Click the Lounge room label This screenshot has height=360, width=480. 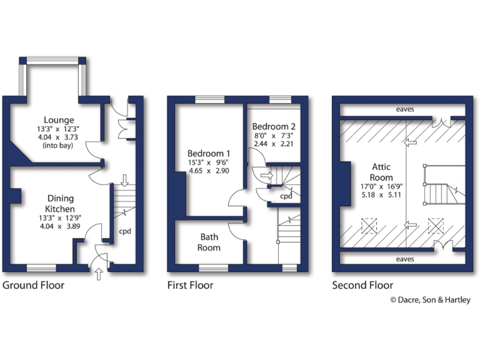pyautogui.click(x=59, y=119)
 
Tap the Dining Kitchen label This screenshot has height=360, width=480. pyautogui.click(x=60, y=204)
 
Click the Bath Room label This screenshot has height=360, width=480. pyautogui.click(x=210, y=242)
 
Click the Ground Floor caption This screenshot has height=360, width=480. pyautogui.click(x=34, y=286)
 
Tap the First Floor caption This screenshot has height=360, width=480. pyautogui.click(x=190, y=286)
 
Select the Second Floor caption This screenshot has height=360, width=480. pyautogui.click(x=362, y=286)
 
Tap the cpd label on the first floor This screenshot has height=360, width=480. pyautogui.click(x=286, y=196)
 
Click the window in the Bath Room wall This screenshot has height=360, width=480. pyautogui.click(x=209, y=269)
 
